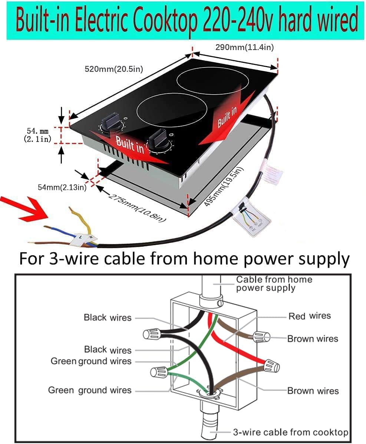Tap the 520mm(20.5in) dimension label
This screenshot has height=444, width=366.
(x=114, y=69)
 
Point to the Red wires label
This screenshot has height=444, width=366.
(x=309, y=316)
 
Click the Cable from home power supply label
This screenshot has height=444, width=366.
(x=274, y=283)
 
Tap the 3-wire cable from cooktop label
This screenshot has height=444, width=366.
(x=290, y=432)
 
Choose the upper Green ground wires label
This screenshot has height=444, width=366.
(x=91, y=361)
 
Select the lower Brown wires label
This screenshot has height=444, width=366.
(x=313, y=391)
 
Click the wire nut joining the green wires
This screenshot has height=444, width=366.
(x=159, y=372)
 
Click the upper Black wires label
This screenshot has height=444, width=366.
(x=108, y=318)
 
